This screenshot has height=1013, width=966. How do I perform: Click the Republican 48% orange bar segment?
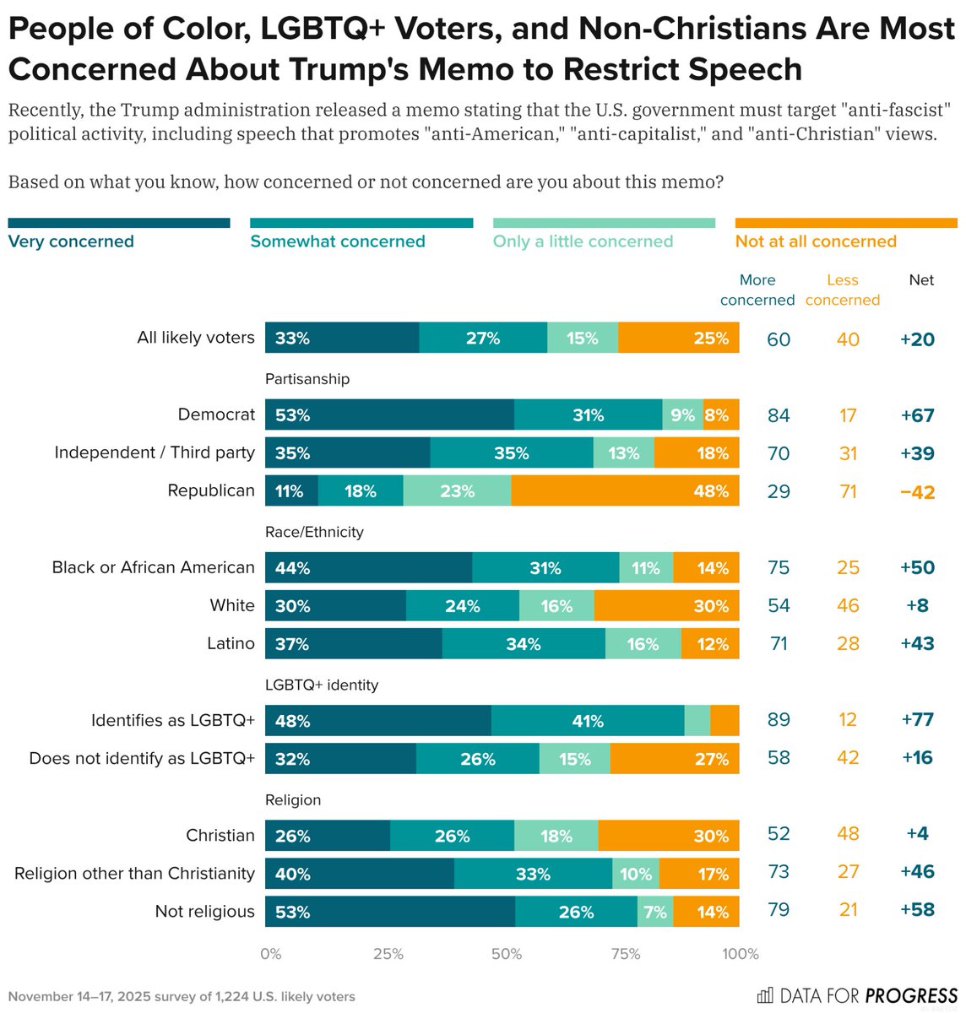click(625, 490)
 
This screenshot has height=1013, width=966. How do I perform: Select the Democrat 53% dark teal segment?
click(389, 414)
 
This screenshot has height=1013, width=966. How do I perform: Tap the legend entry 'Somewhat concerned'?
click(338, 241)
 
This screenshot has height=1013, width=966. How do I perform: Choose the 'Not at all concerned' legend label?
click(816, 241)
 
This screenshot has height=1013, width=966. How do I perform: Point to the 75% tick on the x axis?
click(625, 954)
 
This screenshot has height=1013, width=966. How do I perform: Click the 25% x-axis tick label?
click(388, 954)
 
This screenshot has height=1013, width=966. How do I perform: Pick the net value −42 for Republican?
click(917, 491)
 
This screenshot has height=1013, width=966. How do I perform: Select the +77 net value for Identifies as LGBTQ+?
click(917, 720)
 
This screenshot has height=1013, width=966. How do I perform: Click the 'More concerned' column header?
click(757, 290)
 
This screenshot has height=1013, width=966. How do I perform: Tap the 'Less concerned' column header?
click(842, 290)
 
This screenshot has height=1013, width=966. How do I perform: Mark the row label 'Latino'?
click(231, 643)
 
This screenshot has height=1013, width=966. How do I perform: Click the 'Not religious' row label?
click(204, 912)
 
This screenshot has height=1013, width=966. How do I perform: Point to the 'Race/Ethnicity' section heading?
click(314, 532)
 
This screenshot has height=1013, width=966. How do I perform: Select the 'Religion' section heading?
click(293, 799)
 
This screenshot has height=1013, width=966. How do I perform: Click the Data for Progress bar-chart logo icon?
click(765, 996)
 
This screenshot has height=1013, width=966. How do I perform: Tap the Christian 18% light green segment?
click(556, 836)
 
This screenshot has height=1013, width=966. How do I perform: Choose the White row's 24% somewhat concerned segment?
click(463, 606)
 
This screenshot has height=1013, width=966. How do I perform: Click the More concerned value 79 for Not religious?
click(778, 910)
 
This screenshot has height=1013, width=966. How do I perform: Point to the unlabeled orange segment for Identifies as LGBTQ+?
click(724, 720)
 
